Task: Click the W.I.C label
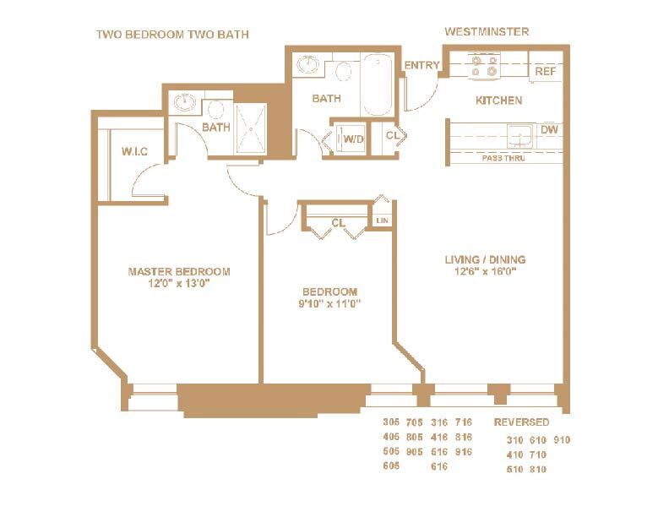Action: pyautogui.click(x=135, y=152)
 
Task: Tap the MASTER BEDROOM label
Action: pyautogui.click(x=178, y=271)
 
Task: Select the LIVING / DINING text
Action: pyautogui.click(x=485, y=259)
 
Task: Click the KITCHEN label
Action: pyautogui.click(x=498, y=101)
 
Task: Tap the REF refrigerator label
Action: pyautogui.click(x=545, y=73)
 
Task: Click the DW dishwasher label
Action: pyautogui.click(x=548, y=129)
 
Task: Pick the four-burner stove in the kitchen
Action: pyautogui.click(x=485, y=66)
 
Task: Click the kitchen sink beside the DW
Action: pyautogui.click(x=517, y=133)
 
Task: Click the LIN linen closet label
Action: pyautogui.click(x=383, y=220)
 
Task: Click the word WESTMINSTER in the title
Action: pyautogui.click(x=487, y=32)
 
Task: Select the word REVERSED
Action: pyautogui.click(x=521, y=422)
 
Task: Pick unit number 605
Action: pyautogui.click(x=391, y=465)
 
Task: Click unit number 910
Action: pyautogui.click(x=563, y=439)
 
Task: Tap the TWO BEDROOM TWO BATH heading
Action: pyautogui.click(x=172, y=34)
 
